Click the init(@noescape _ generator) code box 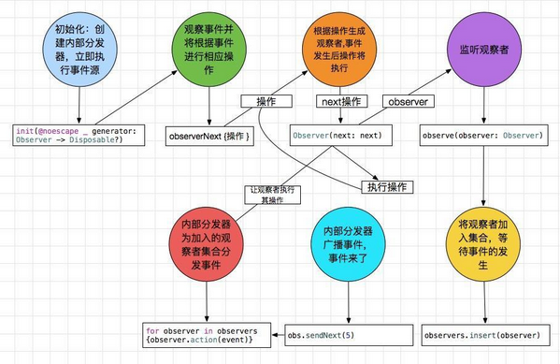(78, 137)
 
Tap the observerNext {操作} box (208, 137)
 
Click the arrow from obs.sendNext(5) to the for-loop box (279, 333)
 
